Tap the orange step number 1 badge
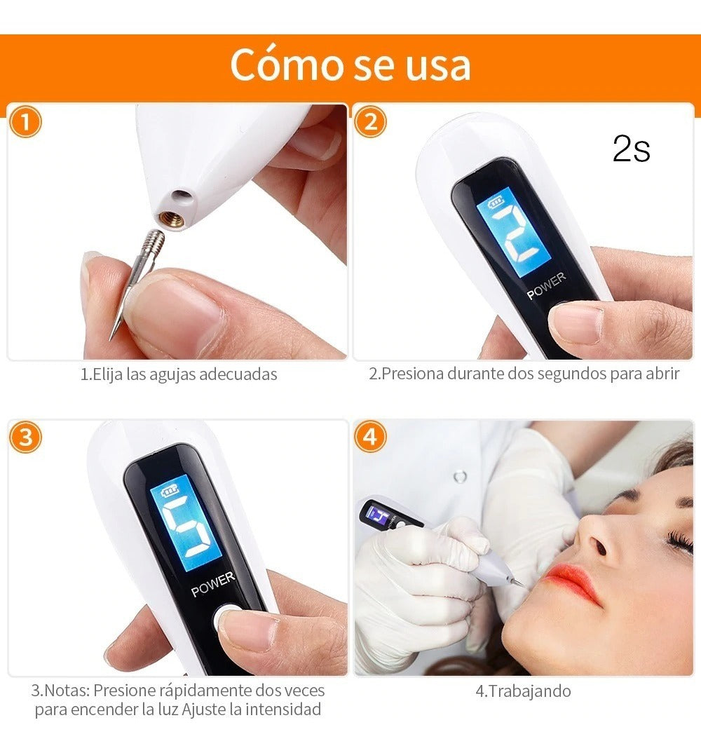[26, 122]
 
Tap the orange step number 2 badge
[370, 122]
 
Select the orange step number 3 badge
[26, 437]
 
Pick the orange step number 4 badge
[370, 437]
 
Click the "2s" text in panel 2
[631, 148]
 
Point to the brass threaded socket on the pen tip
[171, 219]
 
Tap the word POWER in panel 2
[546, 285]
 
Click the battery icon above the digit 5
[170, 491]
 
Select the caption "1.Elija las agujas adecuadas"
[179, 374]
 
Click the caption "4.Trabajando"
[523, 691]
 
